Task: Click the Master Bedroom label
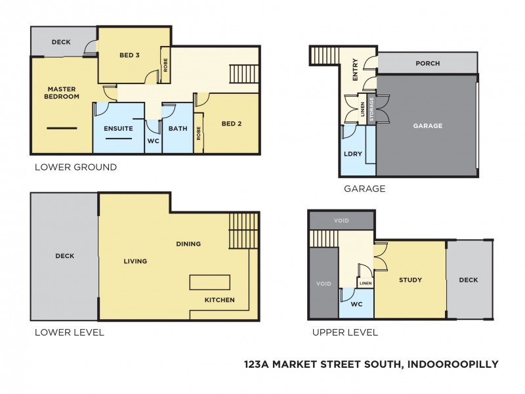(x=62, y=93)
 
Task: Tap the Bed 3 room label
(x=129, y=55)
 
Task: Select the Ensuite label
(x=119, y=129)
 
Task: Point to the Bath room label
(x=178, y=129)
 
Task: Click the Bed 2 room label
(x=232, y=123)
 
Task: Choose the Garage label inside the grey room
(x=427, y=125)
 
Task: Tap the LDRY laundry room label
(x=350, y=155)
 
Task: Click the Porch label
(x=427, y=64)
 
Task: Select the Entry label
(x=355, y=69)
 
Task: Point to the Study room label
(x=410, y=280)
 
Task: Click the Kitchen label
(x=219, y=300)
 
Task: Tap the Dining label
(x=188, y=244)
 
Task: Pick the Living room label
(x=135, y=261)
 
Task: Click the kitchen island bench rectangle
(x=210, y=282)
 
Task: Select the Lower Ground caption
(x=75, y=167)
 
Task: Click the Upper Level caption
(x=345, y=332)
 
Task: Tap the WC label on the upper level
(x=356, y=304)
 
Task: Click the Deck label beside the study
(x=469, y=280)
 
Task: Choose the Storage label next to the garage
(x=371, y=110)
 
